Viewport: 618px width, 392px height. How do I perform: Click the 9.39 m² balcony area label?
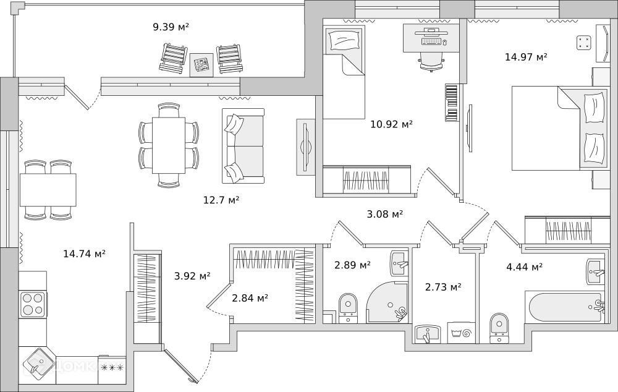171,27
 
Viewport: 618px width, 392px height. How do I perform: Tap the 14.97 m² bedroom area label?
526,57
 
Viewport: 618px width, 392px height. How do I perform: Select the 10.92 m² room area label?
391,124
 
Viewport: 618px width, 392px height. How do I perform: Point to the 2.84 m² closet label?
250,298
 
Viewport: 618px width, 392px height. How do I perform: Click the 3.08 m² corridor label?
384,214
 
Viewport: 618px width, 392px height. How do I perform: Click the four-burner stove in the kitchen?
33,304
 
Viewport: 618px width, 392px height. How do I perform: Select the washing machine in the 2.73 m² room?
461,333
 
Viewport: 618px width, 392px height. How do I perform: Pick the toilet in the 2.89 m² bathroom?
347,308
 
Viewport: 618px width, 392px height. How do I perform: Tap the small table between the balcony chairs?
201,65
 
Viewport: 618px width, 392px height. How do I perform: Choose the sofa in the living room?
243,146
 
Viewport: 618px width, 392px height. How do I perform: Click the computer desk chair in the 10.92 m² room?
431,62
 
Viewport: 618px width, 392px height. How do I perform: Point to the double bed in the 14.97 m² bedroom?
561,128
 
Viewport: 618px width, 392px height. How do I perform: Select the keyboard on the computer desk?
431,41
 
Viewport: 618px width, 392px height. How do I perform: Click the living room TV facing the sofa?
306,147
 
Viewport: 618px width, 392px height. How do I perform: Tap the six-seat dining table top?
169,145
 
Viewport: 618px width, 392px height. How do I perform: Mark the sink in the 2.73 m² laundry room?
428,334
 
